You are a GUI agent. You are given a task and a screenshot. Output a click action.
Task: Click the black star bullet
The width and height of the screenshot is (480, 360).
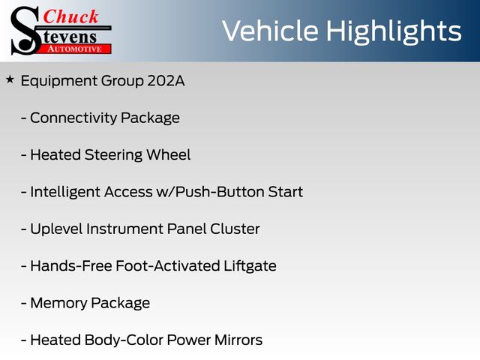pos(10,80)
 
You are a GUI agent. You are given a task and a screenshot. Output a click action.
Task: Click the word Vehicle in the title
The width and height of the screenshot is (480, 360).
pos(271,31)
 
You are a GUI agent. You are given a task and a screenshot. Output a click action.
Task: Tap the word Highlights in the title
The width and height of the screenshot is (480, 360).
pos(394,31)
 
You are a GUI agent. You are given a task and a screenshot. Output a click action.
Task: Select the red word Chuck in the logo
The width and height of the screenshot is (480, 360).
pos(70,16)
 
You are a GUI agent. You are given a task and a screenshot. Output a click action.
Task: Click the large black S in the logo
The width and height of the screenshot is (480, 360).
pos(25,31)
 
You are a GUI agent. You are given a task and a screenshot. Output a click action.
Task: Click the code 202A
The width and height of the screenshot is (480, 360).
pos(166,81)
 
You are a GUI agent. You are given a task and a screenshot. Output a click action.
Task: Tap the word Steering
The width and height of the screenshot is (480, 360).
pos(113,155)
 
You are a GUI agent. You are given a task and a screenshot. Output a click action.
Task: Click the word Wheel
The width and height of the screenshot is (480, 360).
pos(168,154)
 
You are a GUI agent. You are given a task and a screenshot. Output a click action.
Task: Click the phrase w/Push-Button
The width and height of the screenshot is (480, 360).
pos(210,192)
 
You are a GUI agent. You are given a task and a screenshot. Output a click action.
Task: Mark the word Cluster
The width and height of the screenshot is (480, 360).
pos(235,229)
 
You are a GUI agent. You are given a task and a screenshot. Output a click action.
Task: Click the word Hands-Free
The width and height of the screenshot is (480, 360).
pos(71,265)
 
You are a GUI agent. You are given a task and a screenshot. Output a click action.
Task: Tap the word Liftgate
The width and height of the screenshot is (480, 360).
pos(250,266)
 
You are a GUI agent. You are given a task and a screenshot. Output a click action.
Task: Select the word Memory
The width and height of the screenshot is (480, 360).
pos(58,303)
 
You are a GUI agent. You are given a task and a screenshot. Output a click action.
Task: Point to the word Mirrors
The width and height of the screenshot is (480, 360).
pos(238,340)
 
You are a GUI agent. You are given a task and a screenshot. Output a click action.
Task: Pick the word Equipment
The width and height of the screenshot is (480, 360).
pos(58,82)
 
